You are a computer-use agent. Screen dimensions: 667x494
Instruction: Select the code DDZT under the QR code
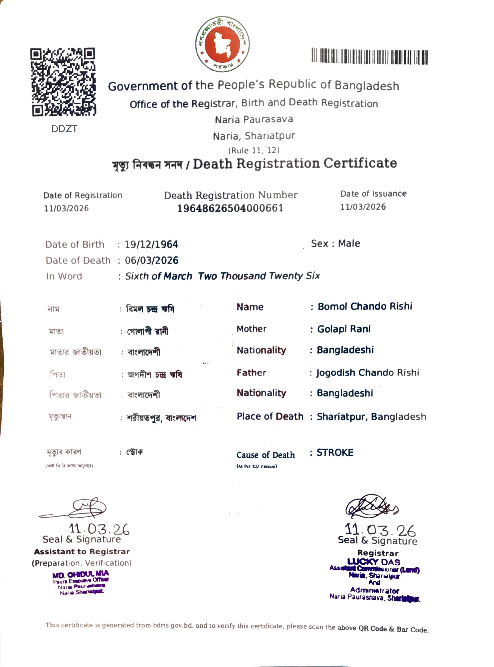64,129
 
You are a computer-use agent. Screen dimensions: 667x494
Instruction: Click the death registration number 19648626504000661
230,208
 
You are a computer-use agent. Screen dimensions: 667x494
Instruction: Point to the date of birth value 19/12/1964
151,244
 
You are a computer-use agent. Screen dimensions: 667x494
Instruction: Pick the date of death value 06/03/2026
152,260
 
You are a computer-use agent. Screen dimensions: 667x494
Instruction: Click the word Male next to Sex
349,243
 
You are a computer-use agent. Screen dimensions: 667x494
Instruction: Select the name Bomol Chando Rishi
365,306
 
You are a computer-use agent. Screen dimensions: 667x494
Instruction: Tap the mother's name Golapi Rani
344,329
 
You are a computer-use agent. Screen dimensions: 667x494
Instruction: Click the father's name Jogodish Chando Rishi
368,372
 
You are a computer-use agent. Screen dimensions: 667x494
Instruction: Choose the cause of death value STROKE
335,452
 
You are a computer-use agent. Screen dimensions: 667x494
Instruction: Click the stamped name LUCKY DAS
374,562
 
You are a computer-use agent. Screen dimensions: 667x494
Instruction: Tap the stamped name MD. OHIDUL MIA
81,575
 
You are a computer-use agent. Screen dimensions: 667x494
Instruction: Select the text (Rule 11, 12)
254,150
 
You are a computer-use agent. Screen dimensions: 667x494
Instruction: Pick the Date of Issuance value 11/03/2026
363,207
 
